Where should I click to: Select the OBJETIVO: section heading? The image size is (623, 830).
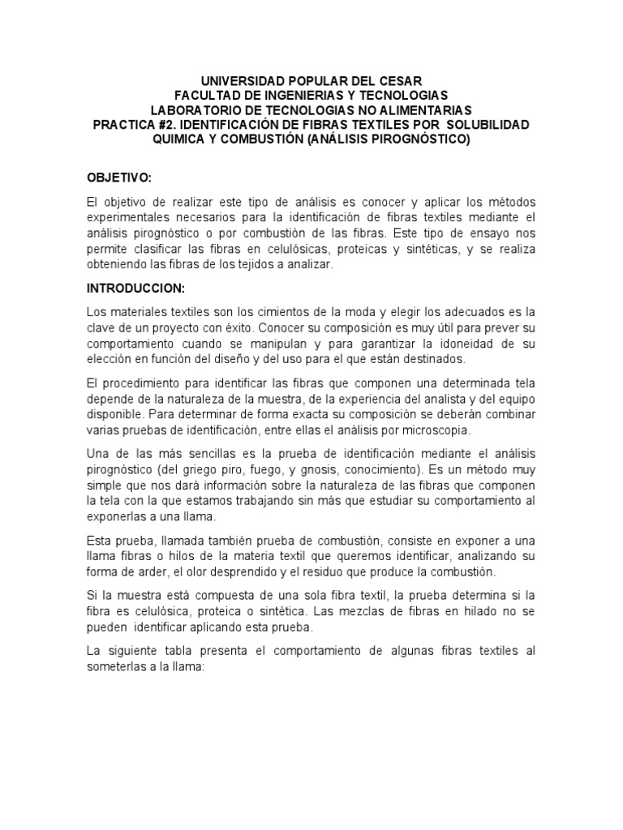pyautogui.click(x=119, y=178)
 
